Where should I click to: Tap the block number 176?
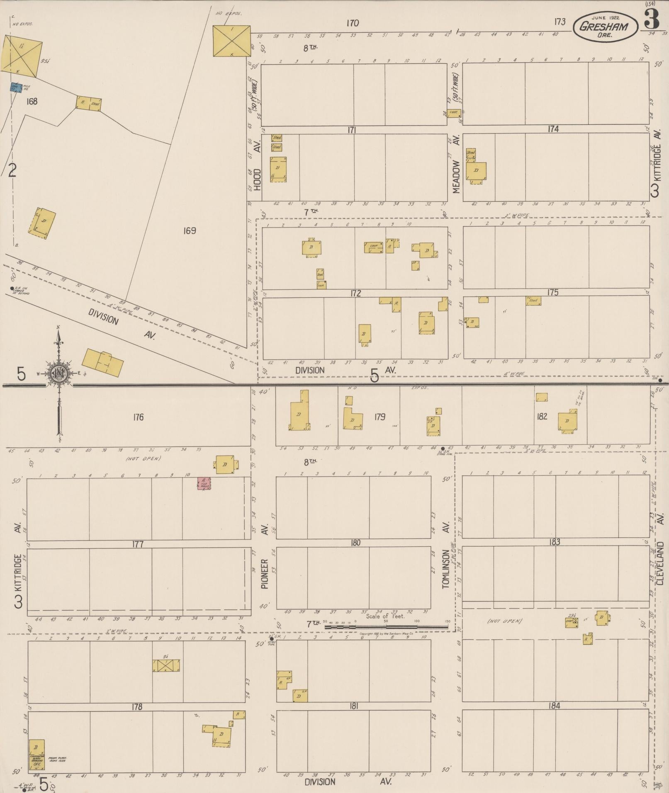click(x=138, y=417)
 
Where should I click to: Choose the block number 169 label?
click(x=189, y=231)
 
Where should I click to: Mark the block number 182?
click(x=542, y=417)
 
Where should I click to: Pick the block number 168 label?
click(x=32, y=101)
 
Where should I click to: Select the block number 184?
click(x=554, y=706)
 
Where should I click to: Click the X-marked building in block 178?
click(x=165, y=666)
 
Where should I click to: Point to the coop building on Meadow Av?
click(x=453, y=112)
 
